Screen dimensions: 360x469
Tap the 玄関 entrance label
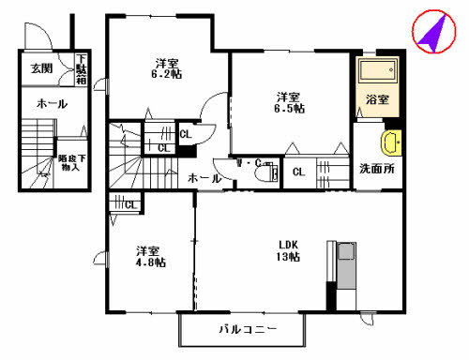41,68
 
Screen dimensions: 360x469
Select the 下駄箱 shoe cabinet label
81,67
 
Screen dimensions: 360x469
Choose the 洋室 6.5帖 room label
289,102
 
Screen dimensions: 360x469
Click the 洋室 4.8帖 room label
149,257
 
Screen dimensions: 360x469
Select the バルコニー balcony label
244,330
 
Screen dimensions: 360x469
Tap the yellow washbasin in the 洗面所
390,143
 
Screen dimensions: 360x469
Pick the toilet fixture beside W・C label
273,172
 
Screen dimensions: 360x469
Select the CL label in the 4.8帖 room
129,204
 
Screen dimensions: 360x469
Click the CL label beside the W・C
297,172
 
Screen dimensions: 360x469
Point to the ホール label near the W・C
204,178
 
